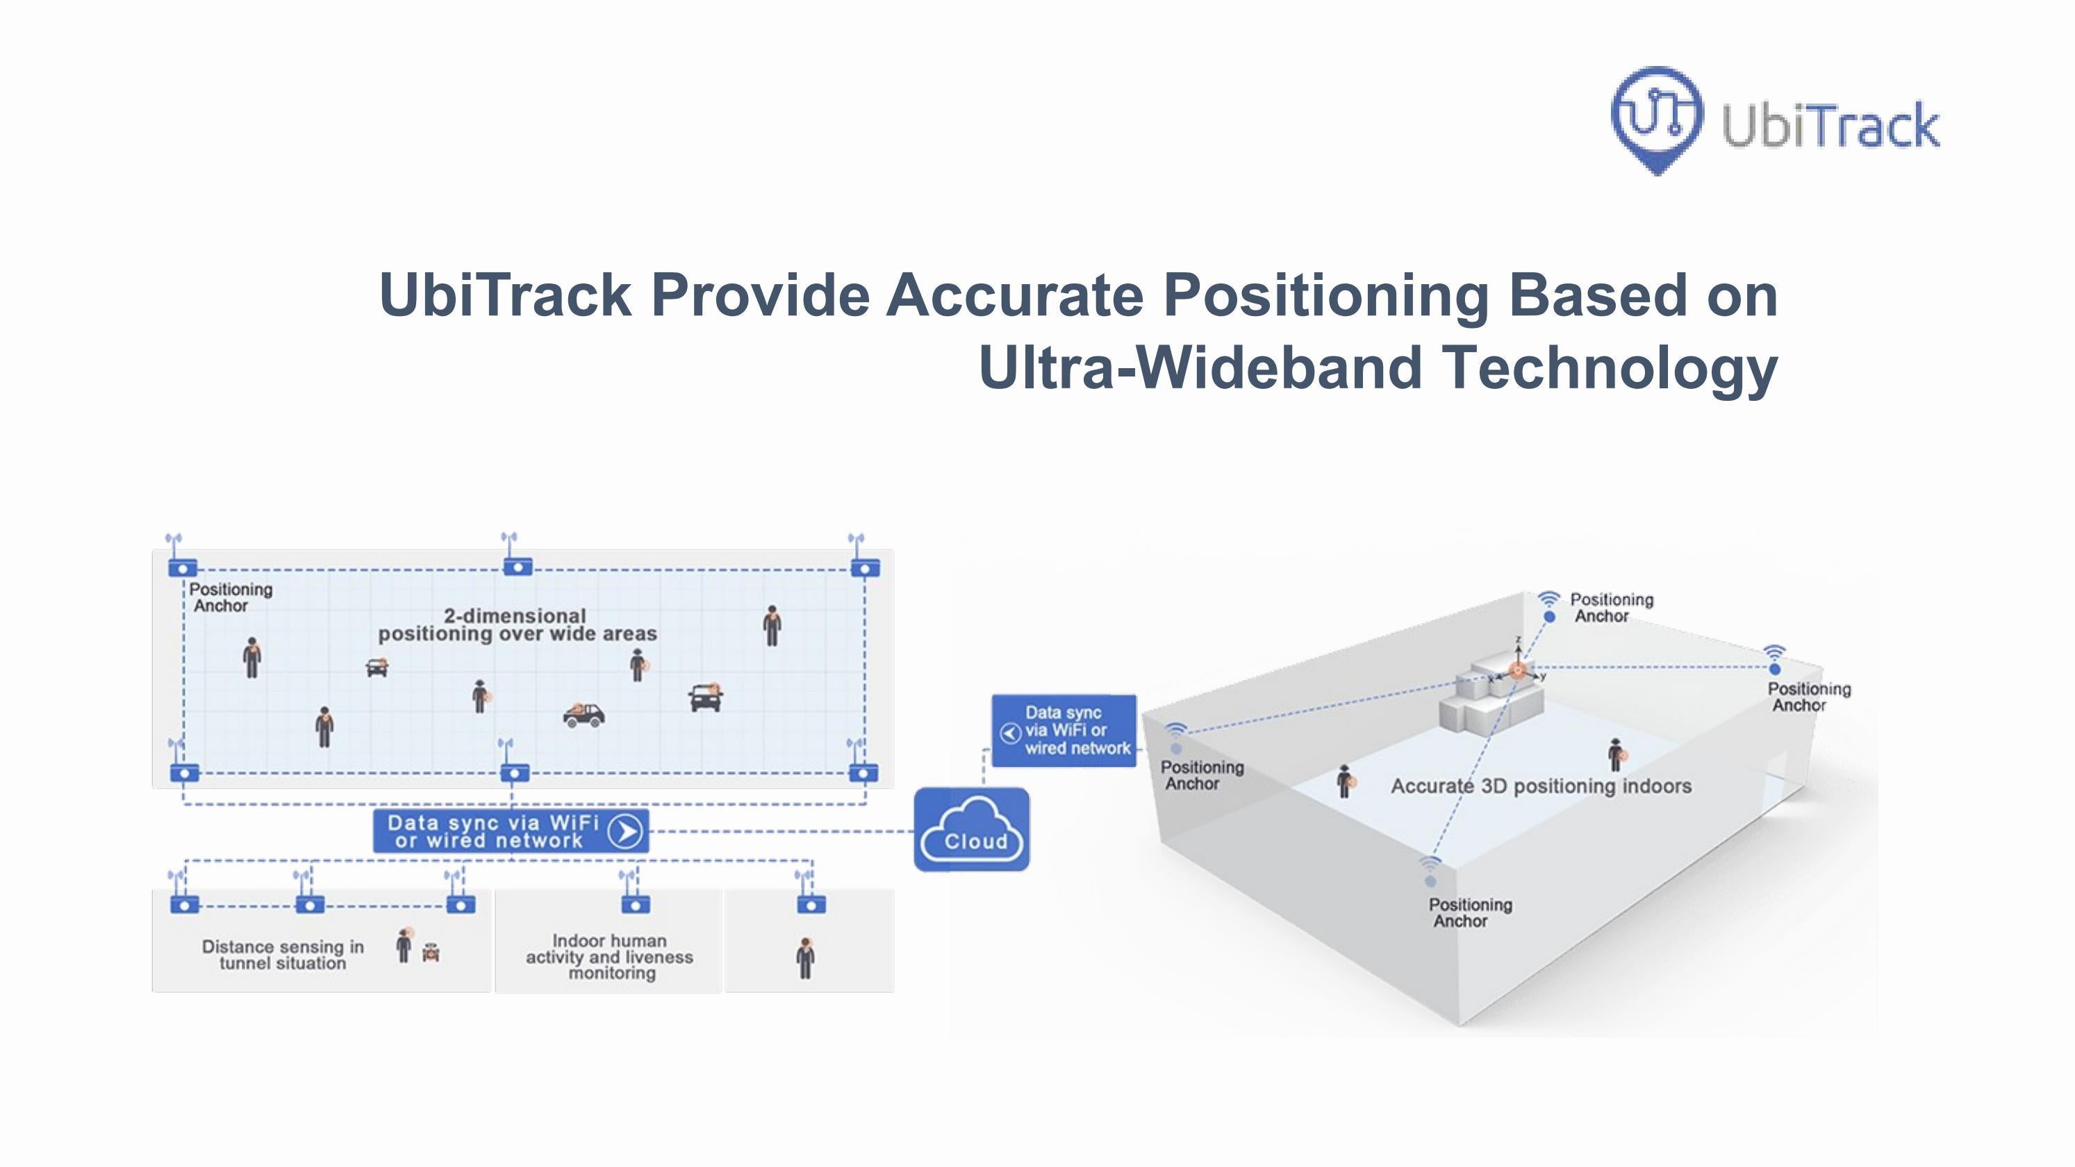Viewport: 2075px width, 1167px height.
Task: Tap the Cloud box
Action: pos(971,829)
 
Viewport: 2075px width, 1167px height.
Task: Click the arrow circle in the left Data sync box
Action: pos(626,831)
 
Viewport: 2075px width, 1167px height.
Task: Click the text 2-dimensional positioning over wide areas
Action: pos(517,625)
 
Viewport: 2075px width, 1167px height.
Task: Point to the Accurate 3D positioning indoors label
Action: pos(1540,786)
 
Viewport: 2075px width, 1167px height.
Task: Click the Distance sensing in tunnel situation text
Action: pos(283,955)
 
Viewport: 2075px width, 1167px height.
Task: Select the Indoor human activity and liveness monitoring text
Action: pos(610,957)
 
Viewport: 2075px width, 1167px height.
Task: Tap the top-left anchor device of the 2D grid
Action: pos(183,568)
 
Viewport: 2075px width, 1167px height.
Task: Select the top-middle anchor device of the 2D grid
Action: pos(517,567)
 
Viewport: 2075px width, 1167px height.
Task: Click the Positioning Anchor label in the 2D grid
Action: pos(229,597)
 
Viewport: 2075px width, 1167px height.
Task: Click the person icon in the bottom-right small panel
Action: pos(806,959)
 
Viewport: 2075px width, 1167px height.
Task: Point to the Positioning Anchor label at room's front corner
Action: pos(1469,913)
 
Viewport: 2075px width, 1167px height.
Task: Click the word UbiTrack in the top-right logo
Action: pos(1830,126)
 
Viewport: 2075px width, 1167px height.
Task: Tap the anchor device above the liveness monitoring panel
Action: pos(636,904)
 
